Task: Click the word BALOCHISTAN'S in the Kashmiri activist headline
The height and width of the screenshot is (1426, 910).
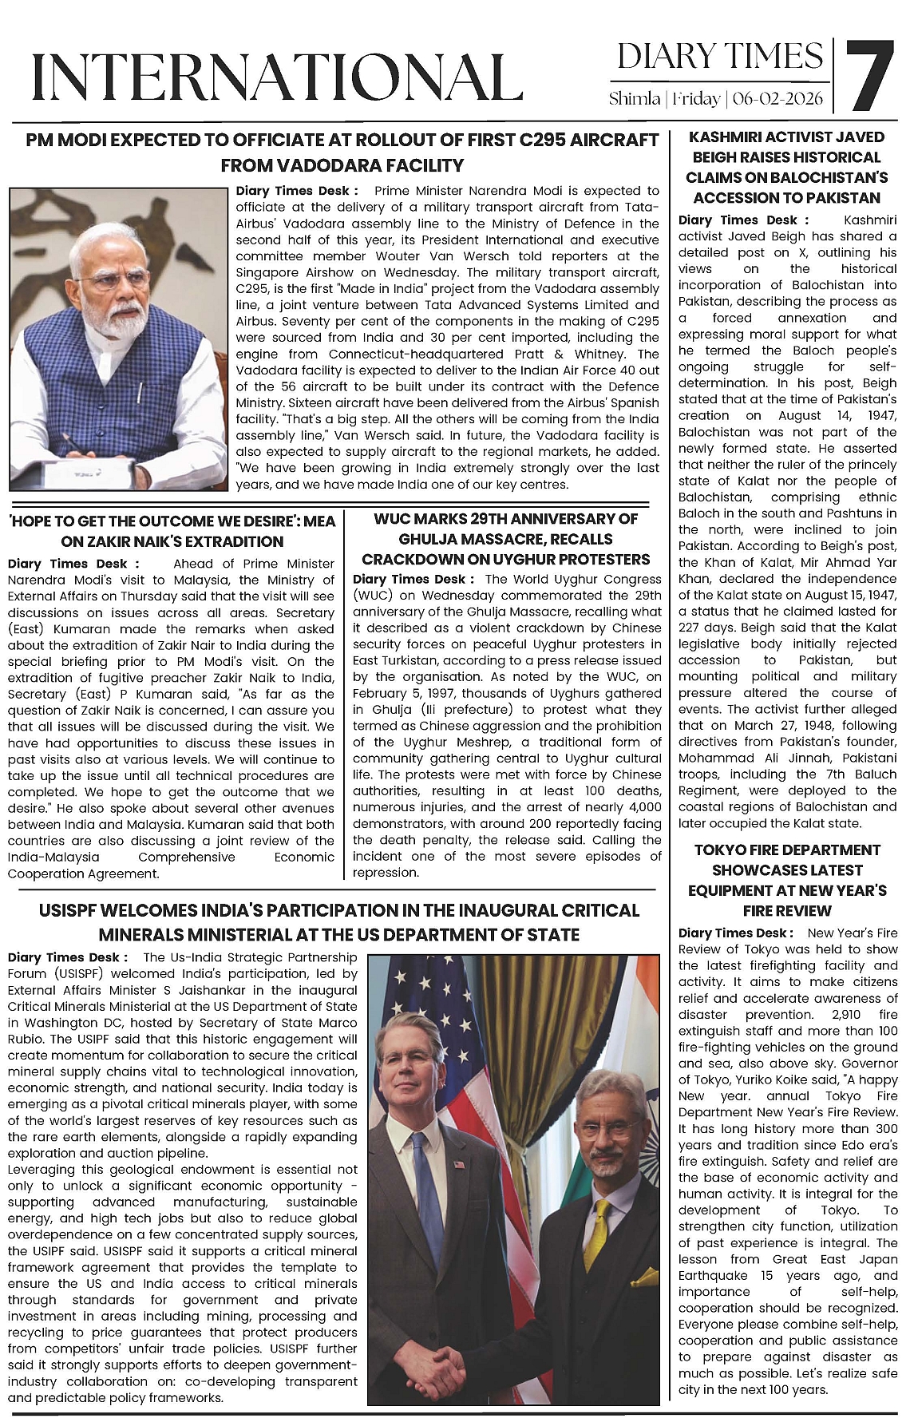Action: tap(830, 177)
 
